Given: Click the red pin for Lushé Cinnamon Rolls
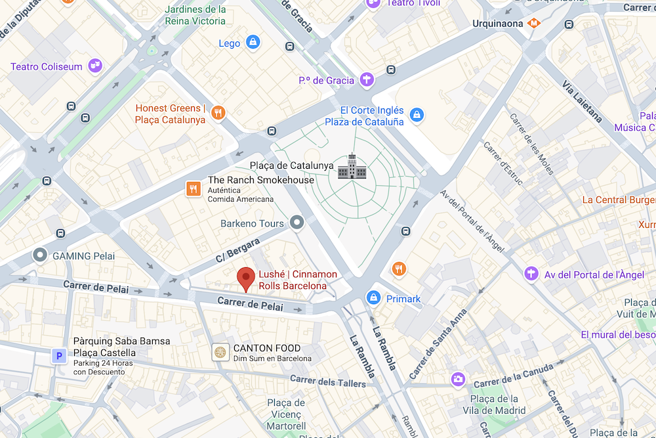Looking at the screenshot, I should point(246,278).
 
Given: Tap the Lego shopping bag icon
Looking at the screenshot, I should point(253,43).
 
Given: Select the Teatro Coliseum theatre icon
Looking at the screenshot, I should point(95,66).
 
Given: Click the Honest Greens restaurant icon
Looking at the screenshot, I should point(218,113).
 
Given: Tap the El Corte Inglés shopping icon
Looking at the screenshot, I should point(416,116).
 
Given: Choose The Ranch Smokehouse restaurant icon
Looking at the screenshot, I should point(193,189).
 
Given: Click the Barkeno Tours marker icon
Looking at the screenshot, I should point(298,223).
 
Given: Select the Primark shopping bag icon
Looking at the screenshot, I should point(374,298).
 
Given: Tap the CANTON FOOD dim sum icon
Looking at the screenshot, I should point(220,353).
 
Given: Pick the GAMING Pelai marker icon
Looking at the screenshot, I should point(41,255).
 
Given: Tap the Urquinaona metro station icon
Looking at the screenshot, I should point(535,23).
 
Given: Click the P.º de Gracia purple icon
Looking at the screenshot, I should point(367,80).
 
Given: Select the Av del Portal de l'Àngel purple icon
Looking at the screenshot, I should point(531,274).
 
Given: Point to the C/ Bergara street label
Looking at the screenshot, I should point(238,251).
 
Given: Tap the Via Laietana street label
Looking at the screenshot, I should point(582,101).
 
